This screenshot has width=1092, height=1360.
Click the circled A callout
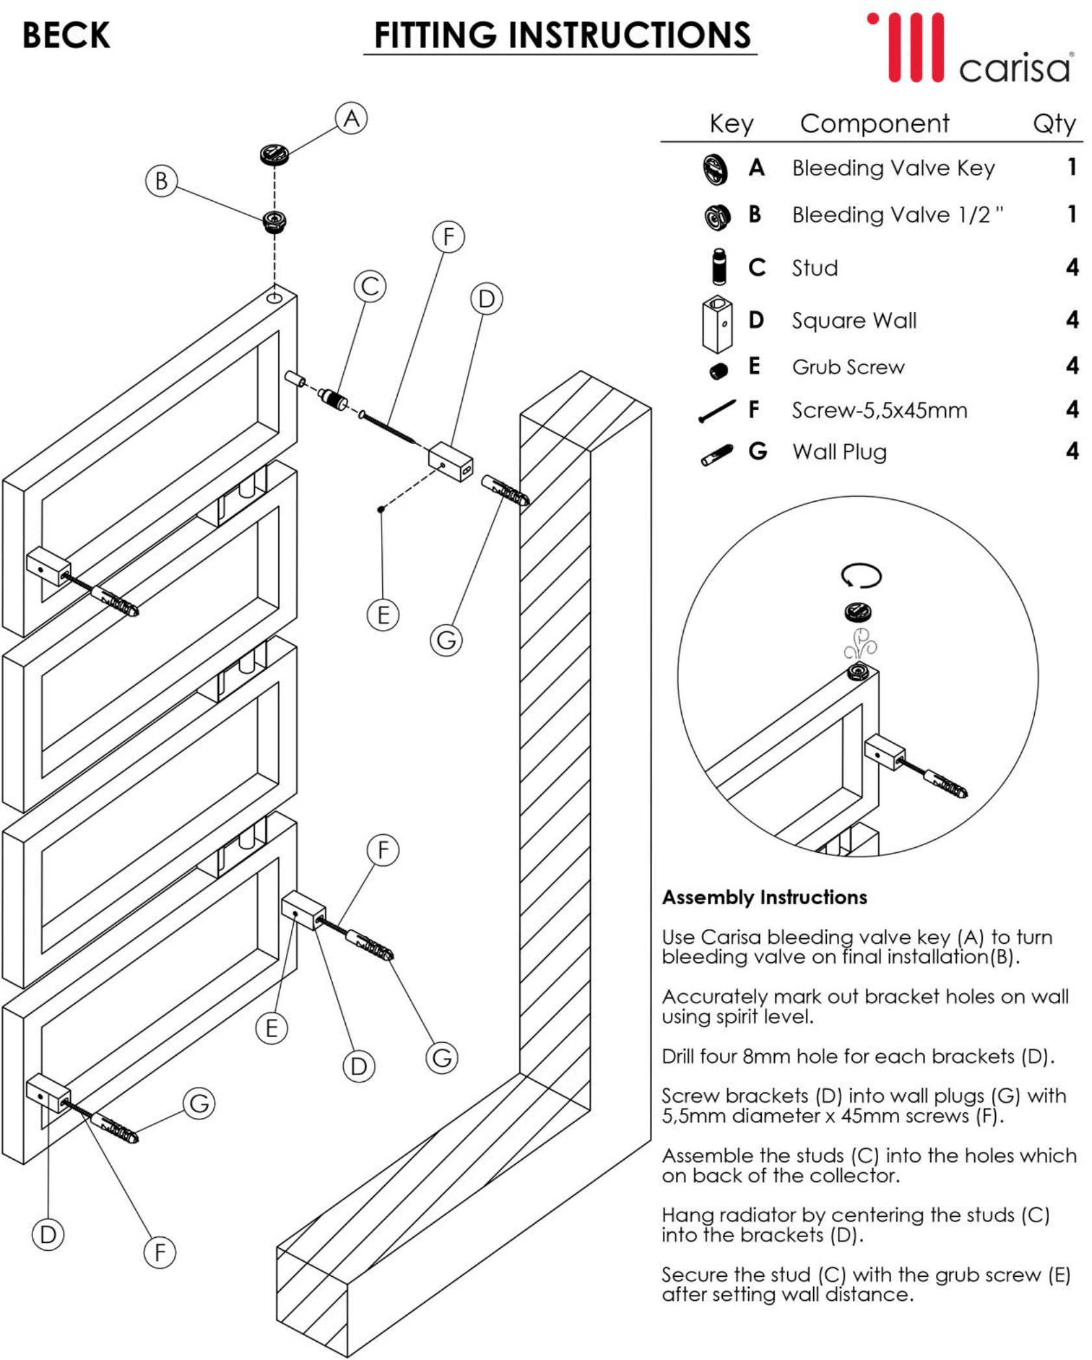(351, 118)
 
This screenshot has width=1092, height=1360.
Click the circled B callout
(161, 181)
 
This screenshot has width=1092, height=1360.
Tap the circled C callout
(370, 286)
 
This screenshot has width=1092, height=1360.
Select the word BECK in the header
(66, 35)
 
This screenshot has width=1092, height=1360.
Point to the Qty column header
(1054, 124)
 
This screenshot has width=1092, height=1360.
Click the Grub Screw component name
(848, 367)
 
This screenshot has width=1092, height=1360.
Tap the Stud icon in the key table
(718, 267)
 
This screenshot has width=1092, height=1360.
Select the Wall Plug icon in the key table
(718, 454)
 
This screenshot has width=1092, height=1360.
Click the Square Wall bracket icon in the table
(717, 323)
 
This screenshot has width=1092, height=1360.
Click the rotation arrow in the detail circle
(861, 575)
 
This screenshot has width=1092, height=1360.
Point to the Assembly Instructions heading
(764, 897)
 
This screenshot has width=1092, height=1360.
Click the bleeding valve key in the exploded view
(274, 155)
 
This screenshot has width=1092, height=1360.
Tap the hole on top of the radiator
(275, 297)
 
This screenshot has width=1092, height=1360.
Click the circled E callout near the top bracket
(383, 614)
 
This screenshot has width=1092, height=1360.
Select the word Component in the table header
(874, 124)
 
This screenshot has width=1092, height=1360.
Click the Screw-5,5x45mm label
(879, 410)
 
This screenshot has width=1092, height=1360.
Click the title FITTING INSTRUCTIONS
(562, 35)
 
